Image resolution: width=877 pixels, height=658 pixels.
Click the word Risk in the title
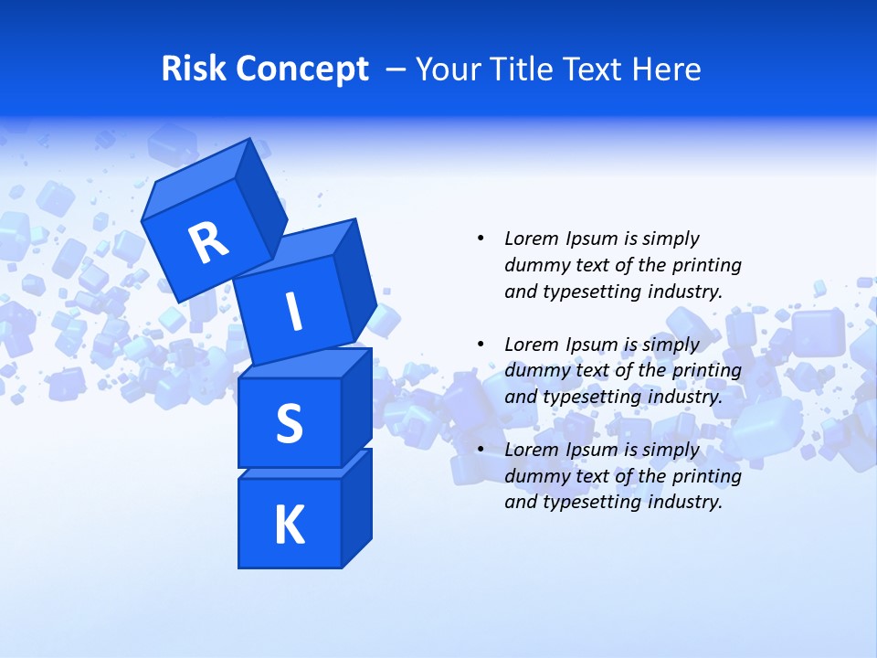(193, 69)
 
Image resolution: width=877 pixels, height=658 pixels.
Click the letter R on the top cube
(208, 242)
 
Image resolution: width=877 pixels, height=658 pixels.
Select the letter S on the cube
(290, 423)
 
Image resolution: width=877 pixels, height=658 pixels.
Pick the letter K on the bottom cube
(290, 525)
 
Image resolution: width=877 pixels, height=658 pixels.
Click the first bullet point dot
(481, 239)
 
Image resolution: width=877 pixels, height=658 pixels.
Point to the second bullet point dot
(481, 345)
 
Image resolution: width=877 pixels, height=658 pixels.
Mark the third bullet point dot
(481, 450)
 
